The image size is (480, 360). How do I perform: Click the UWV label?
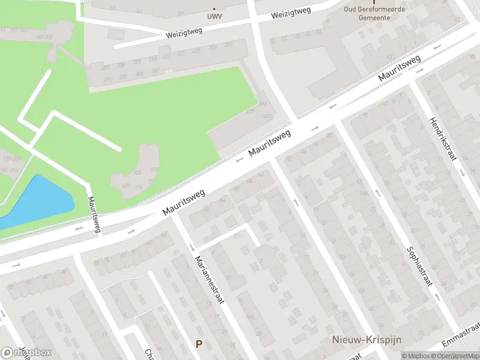[214, 17]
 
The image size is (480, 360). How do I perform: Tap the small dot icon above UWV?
[214, 9]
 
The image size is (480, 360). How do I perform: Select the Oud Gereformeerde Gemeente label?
[375, 13]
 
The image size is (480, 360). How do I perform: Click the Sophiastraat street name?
[419, 268]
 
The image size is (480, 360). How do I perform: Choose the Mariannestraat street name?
[209, 280]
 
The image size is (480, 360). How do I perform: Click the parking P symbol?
[199, 344]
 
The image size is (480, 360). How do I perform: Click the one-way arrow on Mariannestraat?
[192, 247]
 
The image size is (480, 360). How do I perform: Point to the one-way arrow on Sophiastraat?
[377, 193]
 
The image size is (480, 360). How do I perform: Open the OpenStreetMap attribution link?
[458, 356]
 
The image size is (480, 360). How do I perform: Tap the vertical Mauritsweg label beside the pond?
[94, 215]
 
